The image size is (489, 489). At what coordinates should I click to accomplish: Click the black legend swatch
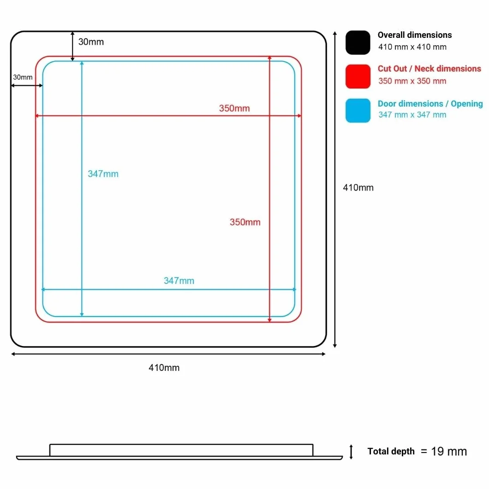358,42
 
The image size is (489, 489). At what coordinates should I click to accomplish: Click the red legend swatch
358,77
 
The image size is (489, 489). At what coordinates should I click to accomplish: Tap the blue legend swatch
358,111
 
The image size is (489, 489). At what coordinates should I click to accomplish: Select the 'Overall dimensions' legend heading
414,35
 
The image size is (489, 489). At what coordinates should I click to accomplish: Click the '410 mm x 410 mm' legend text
412,47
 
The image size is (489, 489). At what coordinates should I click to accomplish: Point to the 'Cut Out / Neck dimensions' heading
429,69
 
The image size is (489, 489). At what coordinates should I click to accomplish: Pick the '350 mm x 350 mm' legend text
412,81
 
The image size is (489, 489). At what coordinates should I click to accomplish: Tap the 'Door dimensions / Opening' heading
430,103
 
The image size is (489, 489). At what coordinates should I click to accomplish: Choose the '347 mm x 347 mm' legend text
412,115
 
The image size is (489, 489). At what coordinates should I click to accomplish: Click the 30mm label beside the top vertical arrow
91,42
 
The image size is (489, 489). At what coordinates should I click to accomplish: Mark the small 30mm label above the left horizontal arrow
23,77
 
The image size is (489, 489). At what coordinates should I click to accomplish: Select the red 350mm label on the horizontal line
234,108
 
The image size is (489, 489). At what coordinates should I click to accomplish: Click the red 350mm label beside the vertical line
245,222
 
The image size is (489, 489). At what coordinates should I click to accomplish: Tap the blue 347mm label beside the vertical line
103,174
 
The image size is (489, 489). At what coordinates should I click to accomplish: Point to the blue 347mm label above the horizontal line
179,280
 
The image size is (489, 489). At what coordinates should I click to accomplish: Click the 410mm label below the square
164,368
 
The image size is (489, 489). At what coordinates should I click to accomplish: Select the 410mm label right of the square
358,187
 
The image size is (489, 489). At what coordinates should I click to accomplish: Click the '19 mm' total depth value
449,451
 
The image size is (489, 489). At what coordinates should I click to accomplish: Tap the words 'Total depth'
391,451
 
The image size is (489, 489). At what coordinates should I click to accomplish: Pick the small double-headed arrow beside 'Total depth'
351,452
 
